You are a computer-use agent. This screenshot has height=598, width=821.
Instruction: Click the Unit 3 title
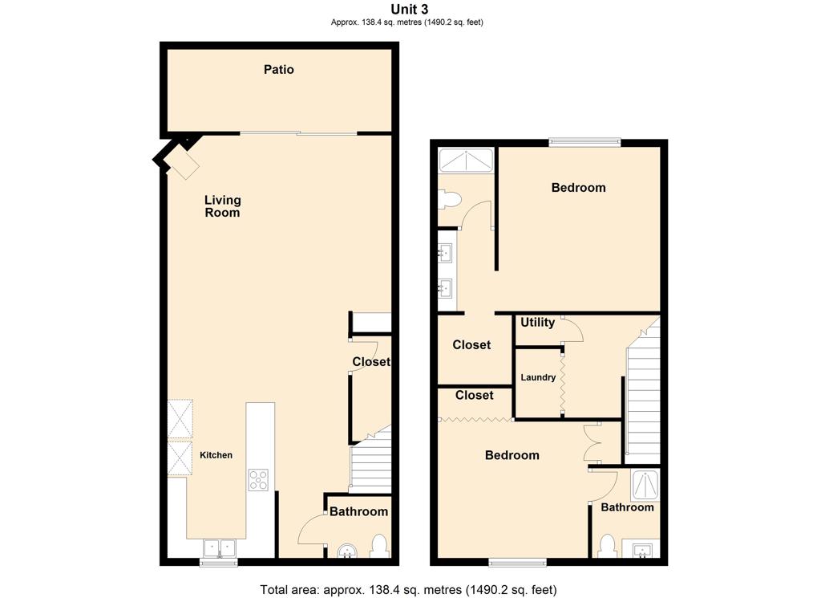(410, 9)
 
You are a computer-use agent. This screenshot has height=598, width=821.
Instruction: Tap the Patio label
(278, 69)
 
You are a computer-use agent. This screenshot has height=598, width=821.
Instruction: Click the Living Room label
(223, 206)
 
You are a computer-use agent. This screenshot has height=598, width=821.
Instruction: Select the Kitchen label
(216, 455)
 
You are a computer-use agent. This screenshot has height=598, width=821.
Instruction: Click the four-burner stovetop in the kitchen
(258, 479)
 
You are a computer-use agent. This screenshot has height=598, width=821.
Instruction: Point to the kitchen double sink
(220, 547)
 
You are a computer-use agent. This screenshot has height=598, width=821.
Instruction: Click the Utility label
(538, 323)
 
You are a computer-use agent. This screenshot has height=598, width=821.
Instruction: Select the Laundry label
(538, 377)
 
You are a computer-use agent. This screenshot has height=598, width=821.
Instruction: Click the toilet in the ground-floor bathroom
(378, 546)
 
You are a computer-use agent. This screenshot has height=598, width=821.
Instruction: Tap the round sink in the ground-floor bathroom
(347, 551)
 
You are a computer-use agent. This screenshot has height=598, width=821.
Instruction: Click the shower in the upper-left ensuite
(466, 161)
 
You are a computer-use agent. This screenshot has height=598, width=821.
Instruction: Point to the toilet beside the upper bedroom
(450, 200)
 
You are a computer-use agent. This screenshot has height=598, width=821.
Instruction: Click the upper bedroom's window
(584, 141)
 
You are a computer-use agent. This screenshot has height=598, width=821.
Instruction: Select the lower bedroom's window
(517, 563)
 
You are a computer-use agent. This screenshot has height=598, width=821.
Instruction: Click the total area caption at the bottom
(408, 590)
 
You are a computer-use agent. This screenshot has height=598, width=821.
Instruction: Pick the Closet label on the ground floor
(370, 362)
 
